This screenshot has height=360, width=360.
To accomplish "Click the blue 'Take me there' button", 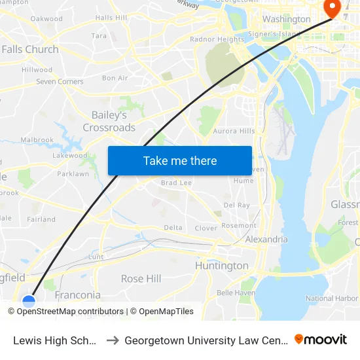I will point(180,160).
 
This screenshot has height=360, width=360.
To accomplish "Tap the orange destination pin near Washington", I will point(332,9).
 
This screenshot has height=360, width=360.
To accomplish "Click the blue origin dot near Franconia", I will point(29,302).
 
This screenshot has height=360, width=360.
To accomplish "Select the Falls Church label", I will point(30,49).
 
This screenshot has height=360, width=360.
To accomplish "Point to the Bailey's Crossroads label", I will point(109,121).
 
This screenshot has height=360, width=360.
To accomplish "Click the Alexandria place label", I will point(266,240).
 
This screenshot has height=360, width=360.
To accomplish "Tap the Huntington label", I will point(222,266).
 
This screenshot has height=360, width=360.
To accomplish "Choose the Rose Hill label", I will point(141,279).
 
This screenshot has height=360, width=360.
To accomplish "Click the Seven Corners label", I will point(60,82).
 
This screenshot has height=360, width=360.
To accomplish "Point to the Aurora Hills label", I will point(234,131).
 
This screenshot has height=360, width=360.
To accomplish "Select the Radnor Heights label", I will point(217,39).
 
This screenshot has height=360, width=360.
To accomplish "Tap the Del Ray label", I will point(236,205).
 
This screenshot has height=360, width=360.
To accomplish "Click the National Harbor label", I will point(332,298).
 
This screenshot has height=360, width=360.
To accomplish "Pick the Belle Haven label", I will point(236,293).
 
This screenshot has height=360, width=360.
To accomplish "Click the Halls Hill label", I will point(111,18).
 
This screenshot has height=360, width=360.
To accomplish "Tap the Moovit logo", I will point(321,339).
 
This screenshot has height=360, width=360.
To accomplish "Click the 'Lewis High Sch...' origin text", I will point(55,340).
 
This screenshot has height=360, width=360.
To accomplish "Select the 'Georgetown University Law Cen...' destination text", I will point(206,340).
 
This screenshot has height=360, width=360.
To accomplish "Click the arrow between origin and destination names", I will point(112,340).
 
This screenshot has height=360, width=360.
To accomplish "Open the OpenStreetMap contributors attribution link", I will point(70,312).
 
